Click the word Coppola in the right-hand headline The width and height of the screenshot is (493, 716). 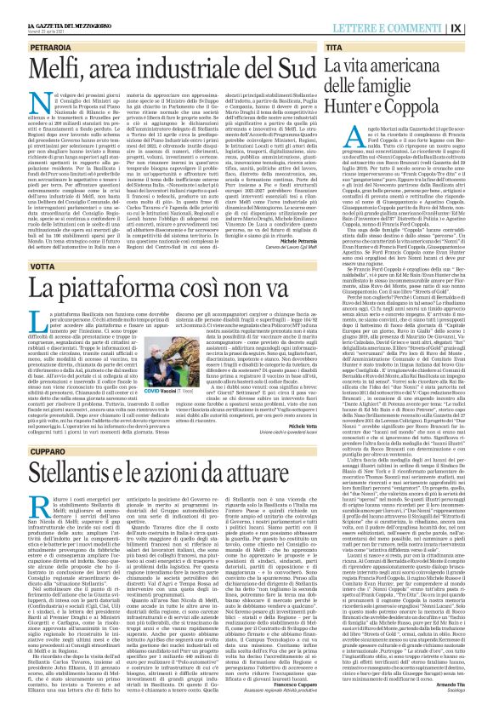tap(440, 107)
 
